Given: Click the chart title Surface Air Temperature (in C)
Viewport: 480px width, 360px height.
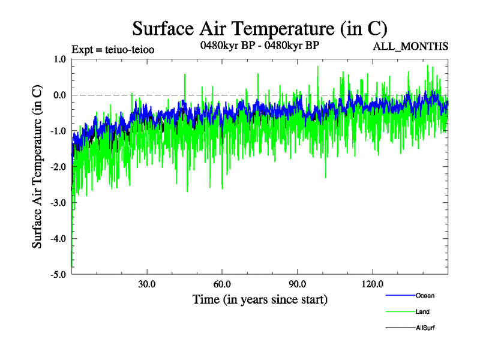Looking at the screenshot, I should pos(260,28).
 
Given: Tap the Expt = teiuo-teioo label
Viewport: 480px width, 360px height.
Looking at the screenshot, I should pos(113,50).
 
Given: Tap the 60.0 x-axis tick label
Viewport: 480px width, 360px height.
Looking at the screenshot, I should pos(222,284).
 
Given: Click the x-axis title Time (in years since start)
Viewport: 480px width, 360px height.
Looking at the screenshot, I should pos(260,299).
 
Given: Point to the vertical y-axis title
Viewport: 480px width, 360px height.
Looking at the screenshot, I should pos(37,167).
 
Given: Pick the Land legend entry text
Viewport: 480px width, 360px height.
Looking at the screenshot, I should pos(422,311).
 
